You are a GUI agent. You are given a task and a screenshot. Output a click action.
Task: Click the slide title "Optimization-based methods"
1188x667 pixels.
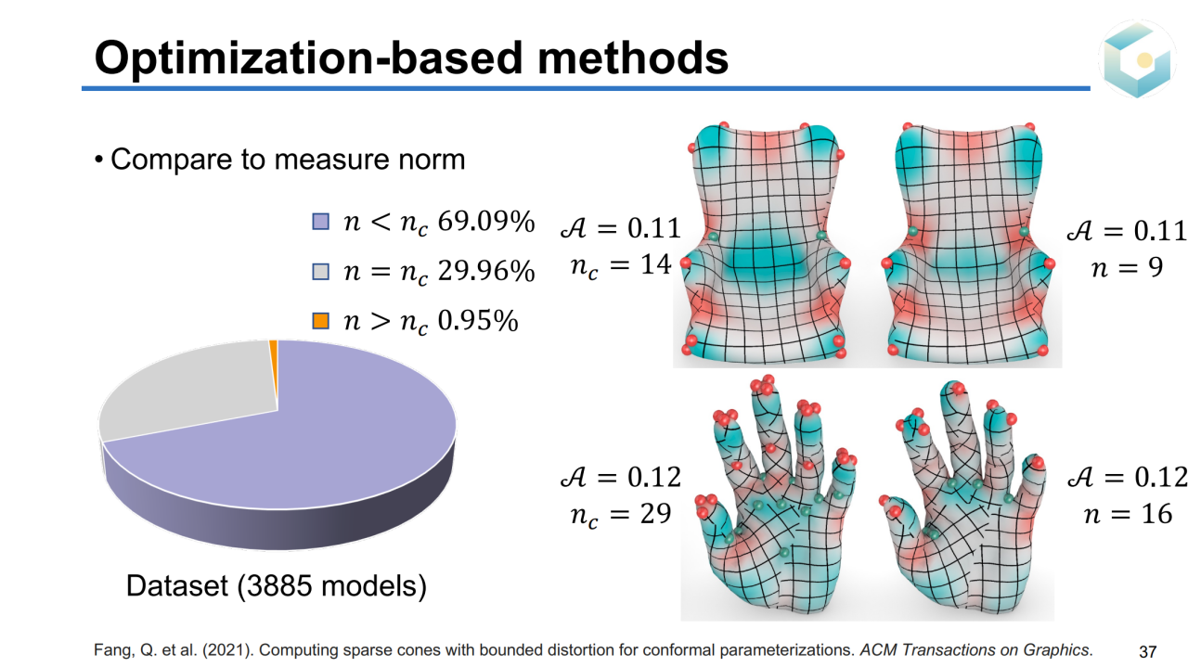point(411,58)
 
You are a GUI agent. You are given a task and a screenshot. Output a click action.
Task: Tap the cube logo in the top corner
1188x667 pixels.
point(1137,59)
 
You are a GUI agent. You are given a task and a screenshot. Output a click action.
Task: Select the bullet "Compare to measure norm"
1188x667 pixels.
point(287,160)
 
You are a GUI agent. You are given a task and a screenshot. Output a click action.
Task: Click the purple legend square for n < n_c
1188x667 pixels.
point(319,223)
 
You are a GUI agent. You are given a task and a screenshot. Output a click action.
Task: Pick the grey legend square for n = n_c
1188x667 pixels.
point(319,272)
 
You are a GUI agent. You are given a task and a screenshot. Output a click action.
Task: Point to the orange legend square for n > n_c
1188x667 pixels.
point(319,321)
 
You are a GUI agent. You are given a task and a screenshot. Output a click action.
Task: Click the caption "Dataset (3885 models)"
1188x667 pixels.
point(276,586)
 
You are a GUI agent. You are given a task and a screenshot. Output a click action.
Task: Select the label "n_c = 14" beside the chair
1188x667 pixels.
point(619,264)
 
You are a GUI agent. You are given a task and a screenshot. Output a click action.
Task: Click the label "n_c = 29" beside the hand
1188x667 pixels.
point(619,513)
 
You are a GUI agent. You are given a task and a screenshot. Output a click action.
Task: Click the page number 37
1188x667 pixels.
point(1147,648)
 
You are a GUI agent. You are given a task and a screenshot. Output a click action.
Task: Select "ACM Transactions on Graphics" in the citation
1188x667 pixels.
point(973,648)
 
